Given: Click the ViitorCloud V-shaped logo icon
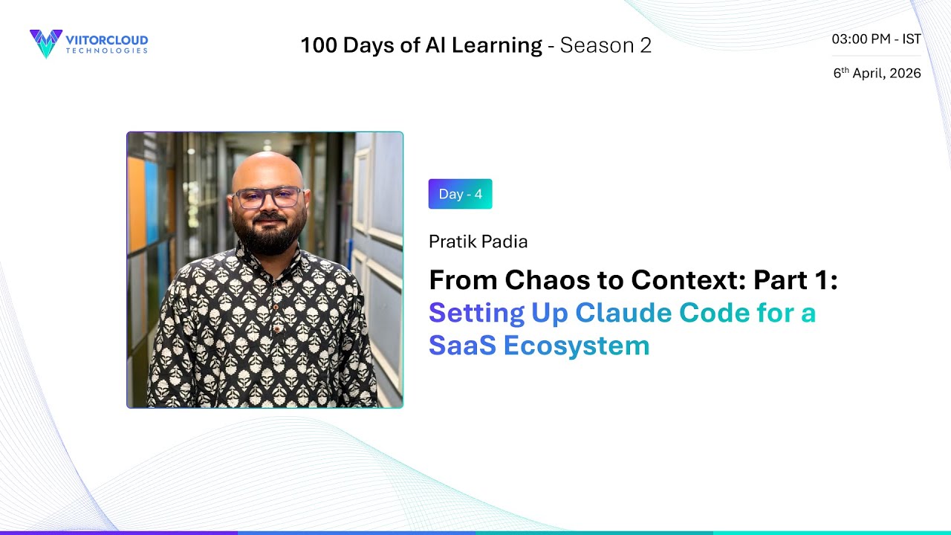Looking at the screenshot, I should [x=46, y=44].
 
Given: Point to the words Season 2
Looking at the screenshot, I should [x=606, y=45].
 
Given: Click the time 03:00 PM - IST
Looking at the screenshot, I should [x=876, y=39].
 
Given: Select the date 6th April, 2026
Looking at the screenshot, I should [x=877, y=73].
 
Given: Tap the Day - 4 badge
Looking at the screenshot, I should [x=460, y=194].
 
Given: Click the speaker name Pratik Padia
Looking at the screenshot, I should [x=478, y=241].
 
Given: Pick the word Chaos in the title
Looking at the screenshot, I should [x=539, y=280].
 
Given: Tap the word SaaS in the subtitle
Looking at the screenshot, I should [x=461, y=346].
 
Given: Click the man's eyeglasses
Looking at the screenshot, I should [x=267, y=198].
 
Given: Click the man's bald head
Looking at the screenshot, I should [x=267, y=167].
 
